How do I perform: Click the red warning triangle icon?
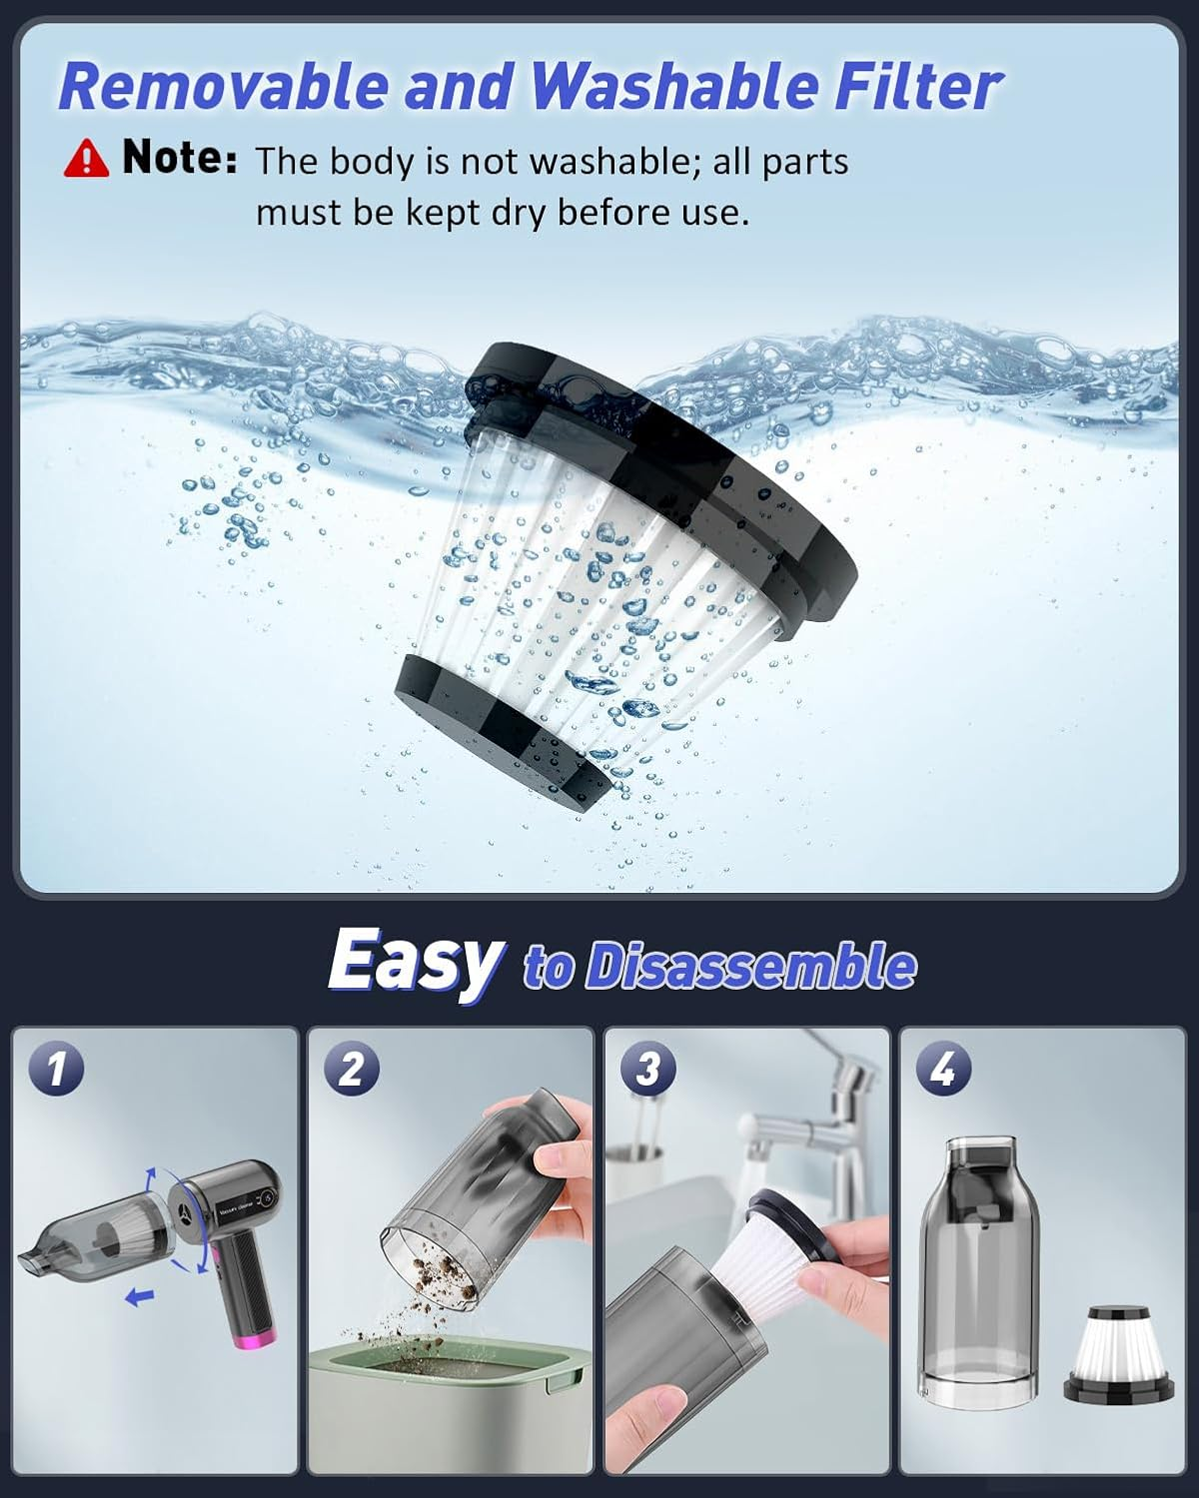pyautogui.click(x=86, y=158)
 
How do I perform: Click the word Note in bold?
pyautogui.click(x=179, y=158)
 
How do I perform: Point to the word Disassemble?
pyautogui.click(x=749, y=966)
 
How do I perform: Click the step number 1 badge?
pyautogui.click(x=56, y=1070)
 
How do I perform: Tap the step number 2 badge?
pyautogui.click(x=352, y=1070)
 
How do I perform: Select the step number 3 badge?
pyautogui.click(x=647, y=1070)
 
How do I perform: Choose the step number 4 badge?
pyautogui.click(x=943, y=1070)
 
